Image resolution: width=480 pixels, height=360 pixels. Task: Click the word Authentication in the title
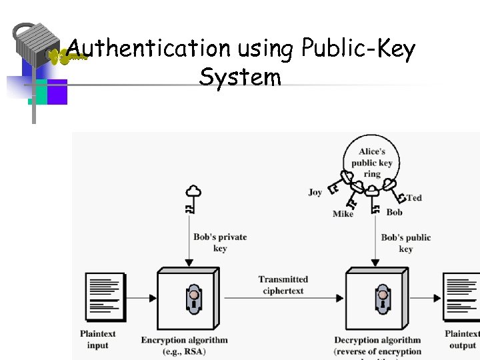(x=148, y=48)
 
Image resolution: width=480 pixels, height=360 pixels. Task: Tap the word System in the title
(x=240, y=77)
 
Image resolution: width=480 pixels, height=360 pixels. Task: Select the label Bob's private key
(x=220, y=243)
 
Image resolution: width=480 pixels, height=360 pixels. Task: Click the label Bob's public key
(x=406, y=243)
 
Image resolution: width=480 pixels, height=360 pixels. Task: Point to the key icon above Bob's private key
(x=193, y=199)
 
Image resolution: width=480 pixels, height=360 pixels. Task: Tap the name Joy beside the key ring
(x=315, y=192)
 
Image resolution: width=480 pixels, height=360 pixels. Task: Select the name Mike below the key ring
(x=343, y=214)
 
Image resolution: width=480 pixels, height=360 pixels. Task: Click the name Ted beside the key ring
(x=414, y=197)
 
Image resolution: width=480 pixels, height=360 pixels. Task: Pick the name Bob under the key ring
(x=395, y=212)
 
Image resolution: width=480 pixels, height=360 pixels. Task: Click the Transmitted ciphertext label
(x=283, y=285)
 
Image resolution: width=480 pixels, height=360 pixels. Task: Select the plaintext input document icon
(x=103, y=297)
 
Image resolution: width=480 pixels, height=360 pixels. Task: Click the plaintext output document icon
(x=461, y=297)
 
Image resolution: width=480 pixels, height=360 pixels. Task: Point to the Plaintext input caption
(x=98, y=339)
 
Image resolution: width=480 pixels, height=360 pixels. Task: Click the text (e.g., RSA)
(x=185, y=351)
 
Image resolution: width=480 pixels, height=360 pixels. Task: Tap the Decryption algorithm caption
(x=377, y=340)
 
